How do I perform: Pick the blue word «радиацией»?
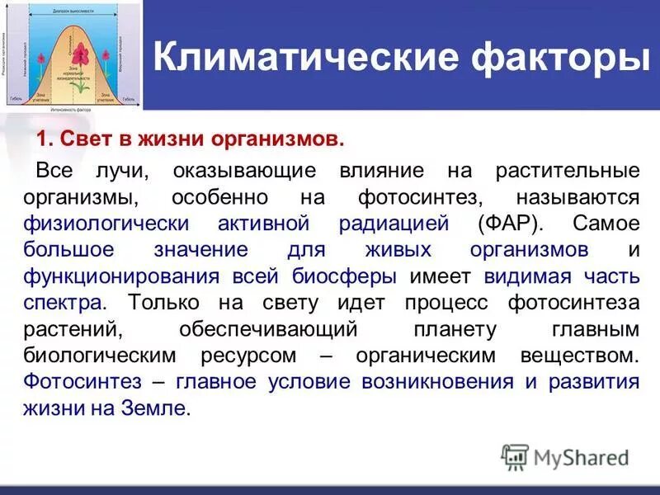click(394, 224)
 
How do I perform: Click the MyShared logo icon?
click(515, 457)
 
